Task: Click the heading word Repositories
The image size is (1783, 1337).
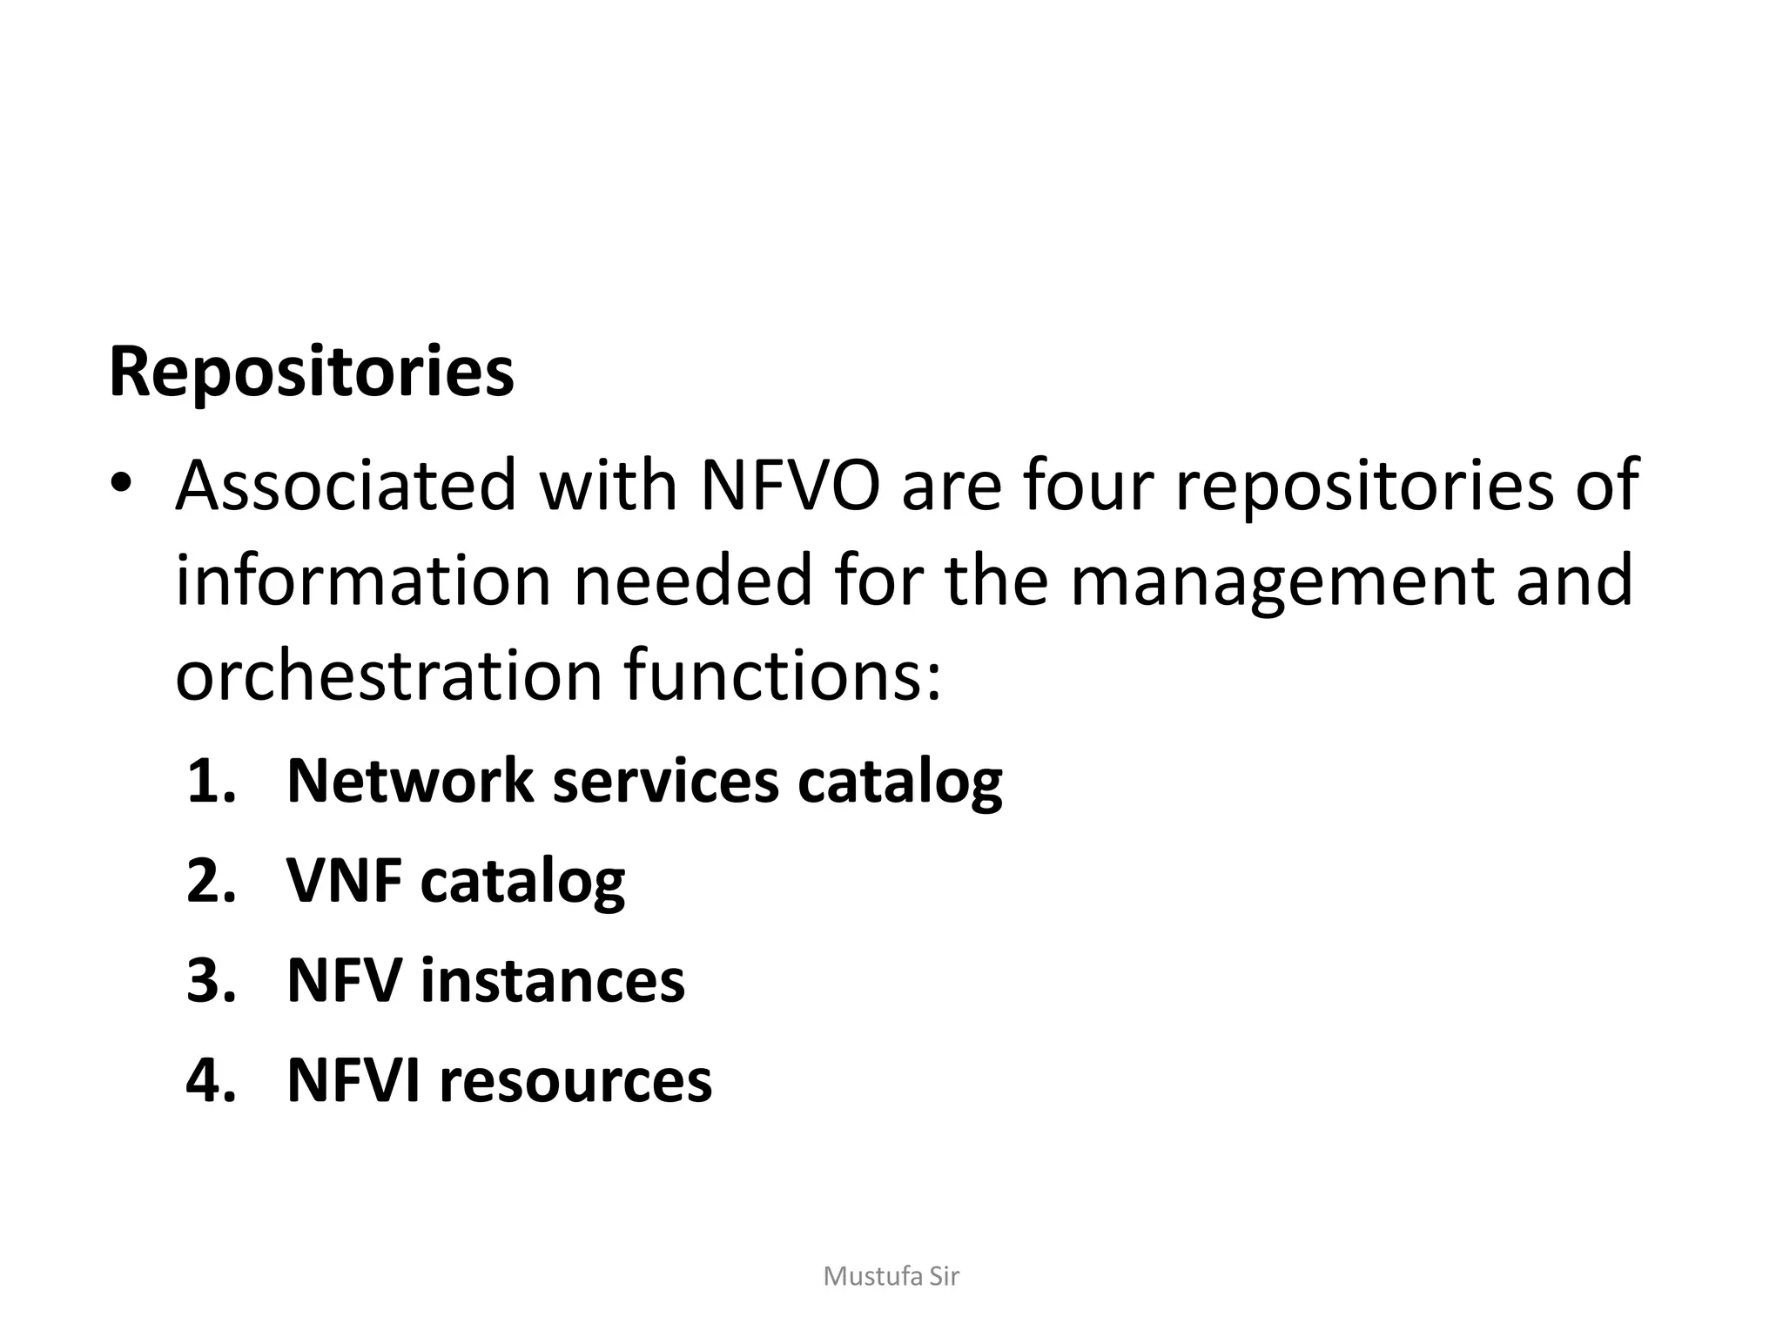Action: [x=311, y=373]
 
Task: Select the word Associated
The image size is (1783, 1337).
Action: [x=347, y=485]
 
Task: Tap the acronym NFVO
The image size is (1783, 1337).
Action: [x=790, y=485]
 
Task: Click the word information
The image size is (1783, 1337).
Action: [x=364, y=581]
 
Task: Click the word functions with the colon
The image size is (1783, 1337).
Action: [x=783, y=675]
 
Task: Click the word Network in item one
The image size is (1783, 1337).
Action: [x=409, y=781]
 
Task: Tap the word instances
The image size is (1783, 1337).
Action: [x=552, y=980]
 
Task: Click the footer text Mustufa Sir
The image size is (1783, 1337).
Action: [x=891, y=1276]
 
